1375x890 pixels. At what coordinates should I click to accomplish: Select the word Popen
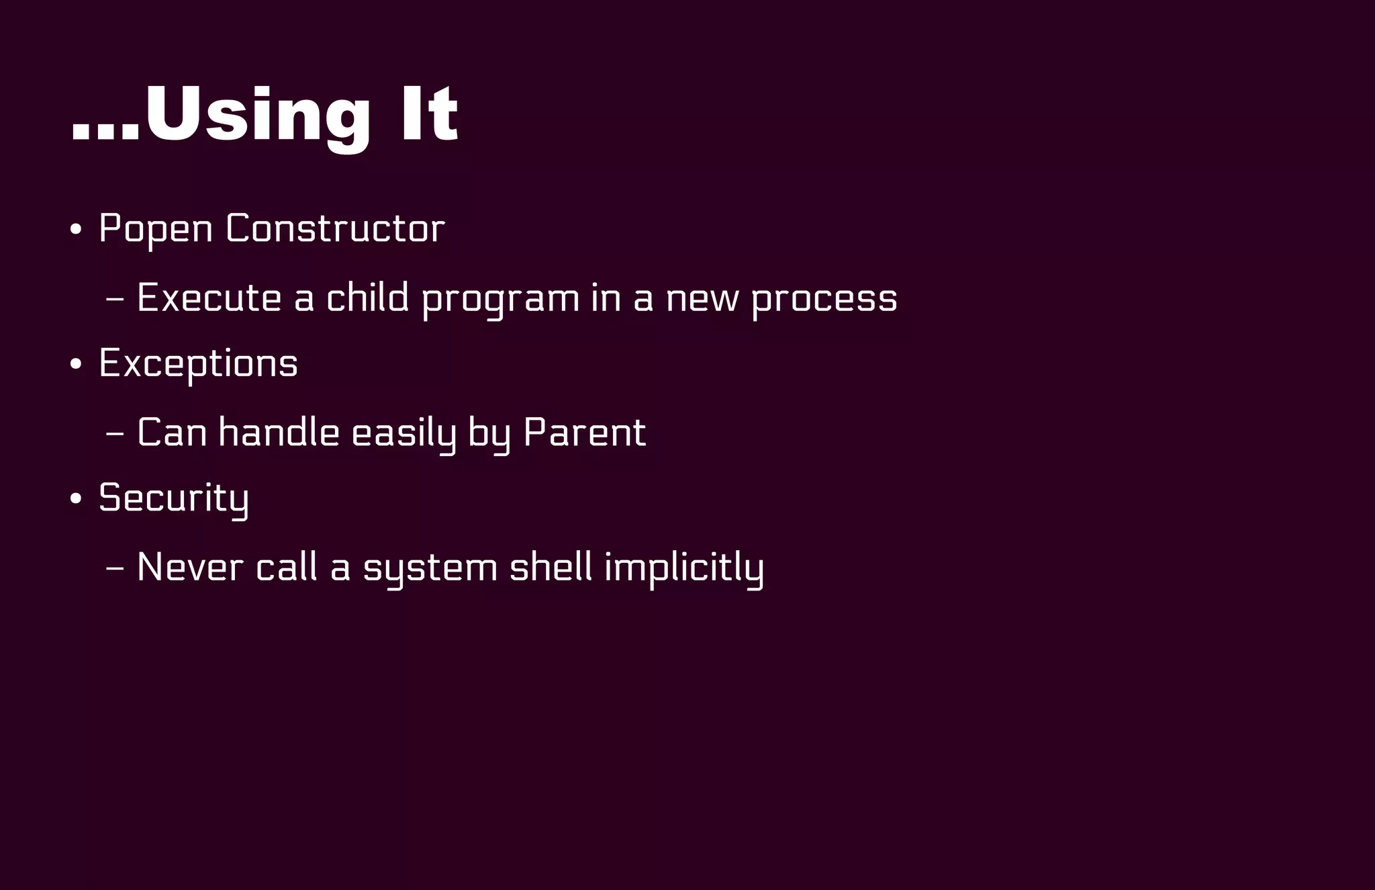point(156,228)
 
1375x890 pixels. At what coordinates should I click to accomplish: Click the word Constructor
point(335,228)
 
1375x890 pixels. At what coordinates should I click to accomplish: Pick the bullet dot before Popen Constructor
point(76,230)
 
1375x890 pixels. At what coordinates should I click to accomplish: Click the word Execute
point(209,298)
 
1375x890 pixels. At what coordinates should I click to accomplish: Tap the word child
point(367,298)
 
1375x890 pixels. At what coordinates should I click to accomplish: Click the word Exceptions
point(198,364)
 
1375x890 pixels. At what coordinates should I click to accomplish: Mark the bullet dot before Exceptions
point(76,365)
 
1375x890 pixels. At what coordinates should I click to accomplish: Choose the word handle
point(279,432)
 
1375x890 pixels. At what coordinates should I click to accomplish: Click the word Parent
point(584,432)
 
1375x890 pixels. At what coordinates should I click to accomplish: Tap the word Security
point(173,498)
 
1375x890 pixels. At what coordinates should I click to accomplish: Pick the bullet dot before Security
point(76,499)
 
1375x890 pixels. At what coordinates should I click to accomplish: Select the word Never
point(190,567)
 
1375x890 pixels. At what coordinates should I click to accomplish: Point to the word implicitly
point(684,568)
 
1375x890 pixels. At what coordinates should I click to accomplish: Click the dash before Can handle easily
point(115,434)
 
